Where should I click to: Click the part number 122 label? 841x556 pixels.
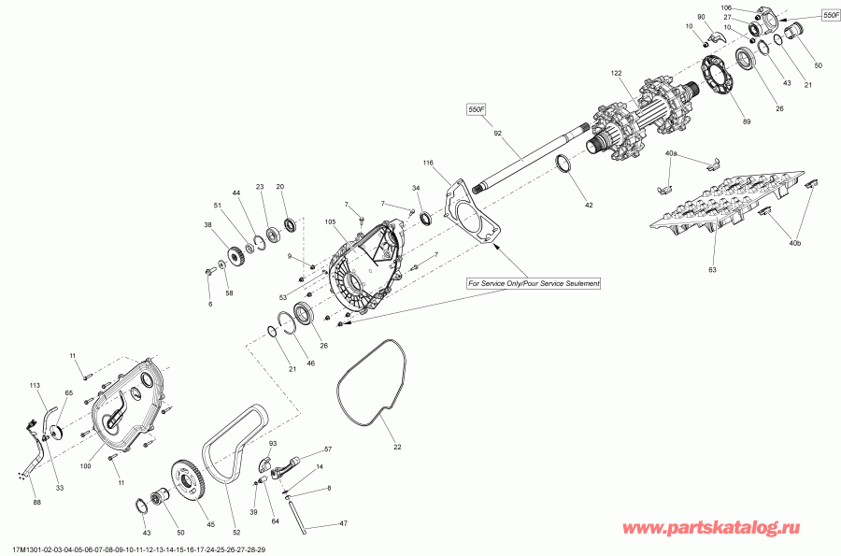point(616,73)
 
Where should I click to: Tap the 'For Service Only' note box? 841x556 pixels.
point(535,282)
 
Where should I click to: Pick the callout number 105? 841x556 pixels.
point(330,222)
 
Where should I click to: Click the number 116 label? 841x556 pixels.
point(429,164)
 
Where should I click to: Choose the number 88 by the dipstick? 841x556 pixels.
point(36,503)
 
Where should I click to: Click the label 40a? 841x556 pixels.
point(671,152)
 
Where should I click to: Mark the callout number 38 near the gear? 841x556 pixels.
point(207,224)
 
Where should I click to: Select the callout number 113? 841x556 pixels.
point(35,385)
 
